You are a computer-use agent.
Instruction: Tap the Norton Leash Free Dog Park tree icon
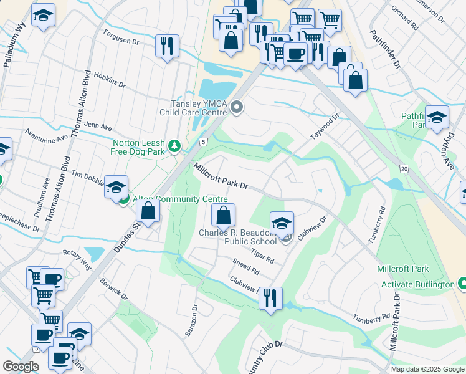click(176, 146)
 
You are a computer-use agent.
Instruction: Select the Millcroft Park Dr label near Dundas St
click(221, 177)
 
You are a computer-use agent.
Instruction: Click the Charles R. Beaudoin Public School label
click(237, 237)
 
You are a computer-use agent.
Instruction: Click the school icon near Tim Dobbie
click(117, 186)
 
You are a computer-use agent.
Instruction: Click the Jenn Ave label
click(97, 125)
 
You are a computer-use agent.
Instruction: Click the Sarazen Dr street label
click(191, 320)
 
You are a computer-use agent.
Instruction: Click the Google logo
click(21, 367)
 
